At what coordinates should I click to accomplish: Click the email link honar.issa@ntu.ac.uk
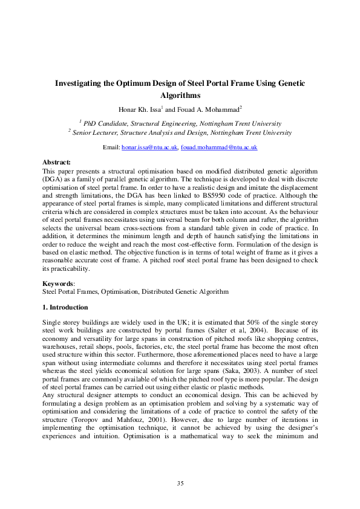tap(149, 148)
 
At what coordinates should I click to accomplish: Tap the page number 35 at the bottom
tap(180, 482)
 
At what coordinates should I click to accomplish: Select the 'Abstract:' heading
tap(56, 162)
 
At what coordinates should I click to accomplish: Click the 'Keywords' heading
tap(57, 283)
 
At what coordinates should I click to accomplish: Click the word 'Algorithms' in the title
tap(180, 96)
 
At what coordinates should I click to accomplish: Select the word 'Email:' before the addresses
tap(111, 148)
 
